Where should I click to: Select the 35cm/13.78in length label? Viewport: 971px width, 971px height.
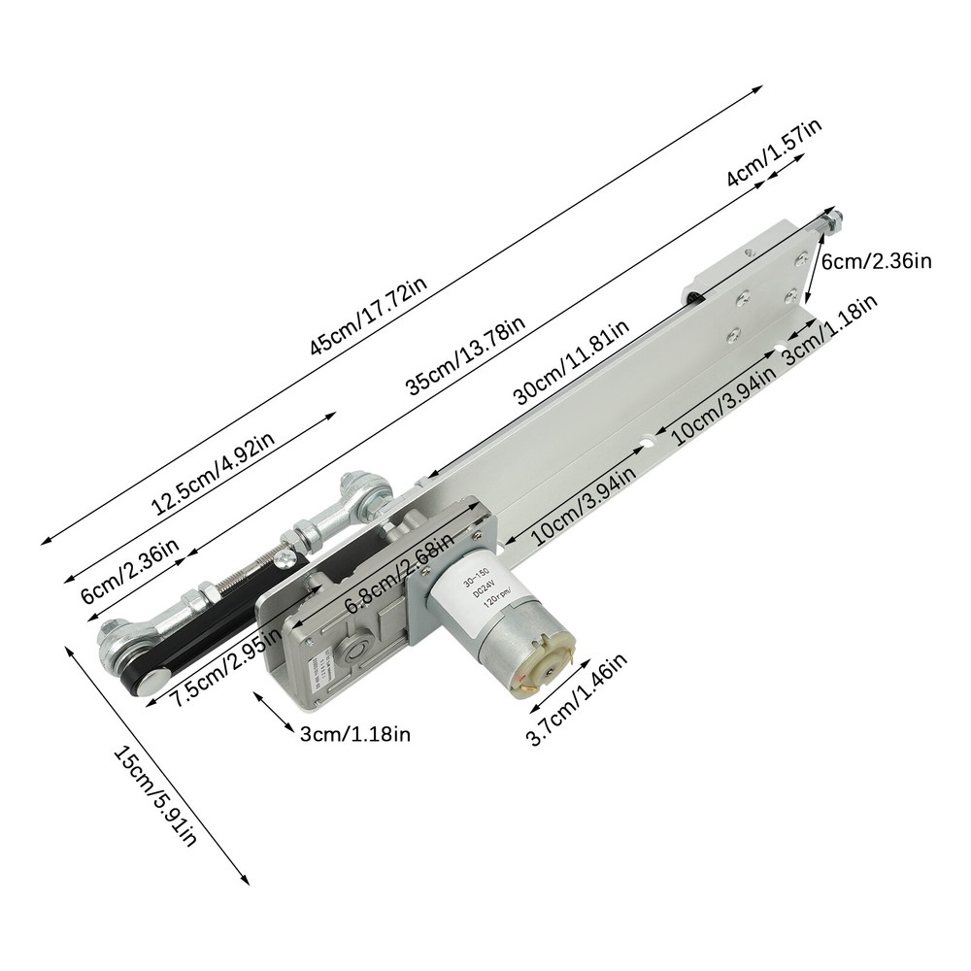click(465, 355)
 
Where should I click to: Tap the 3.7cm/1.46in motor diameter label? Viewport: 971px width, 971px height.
click(577, 699)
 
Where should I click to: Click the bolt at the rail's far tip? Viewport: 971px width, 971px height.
click(832, 220)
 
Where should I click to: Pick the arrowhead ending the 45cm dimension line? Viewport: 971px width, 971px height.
click(759, 88)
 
